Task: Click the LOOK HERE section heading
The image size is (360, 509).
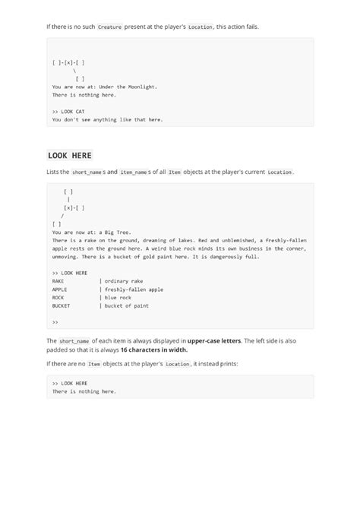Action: (69, 156)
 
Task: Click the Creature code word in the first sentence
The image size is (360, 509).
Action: (109, 27)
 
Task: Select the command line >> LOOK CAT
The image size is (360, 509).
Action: (68, 111)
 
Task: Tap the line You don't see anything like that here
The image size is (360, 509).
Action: (107, 119)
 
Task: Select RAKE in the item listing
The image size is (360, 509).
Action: (58, 281)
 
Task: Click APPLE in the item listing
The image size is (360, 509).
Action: (60, 289)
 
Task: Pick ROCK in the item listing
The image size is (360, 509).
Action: (58, 298)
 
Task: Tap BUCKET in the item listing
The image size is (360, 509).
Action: (62, 306)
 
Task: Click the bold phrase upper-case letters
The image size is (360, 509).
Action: (218, 341)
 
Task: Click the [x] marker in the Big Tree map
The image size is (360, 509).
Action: (68, 207)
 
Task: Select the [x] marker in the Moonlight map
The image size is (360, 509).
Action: (68, 62)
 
